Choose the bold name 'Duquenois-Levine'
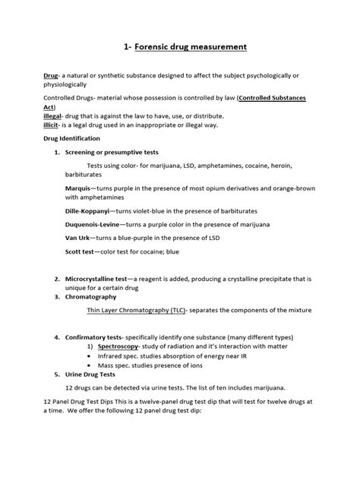coord(92,225)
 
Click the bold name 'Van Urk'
coord(77,238)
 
